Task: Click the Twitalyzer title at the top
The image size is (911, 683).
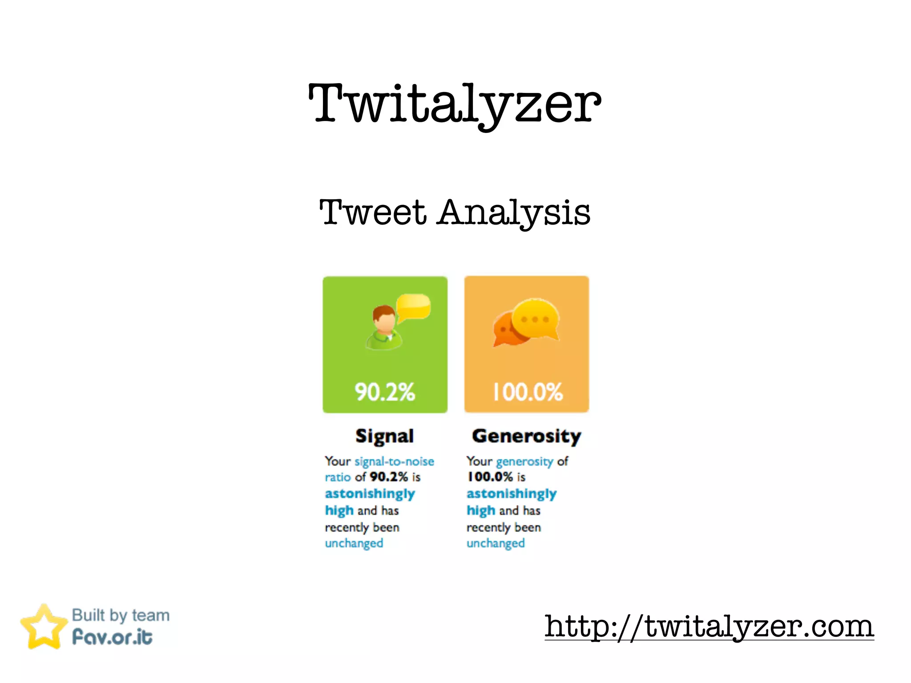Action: coord(455,104)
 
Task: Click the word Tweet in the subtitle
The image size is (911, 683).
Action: coord(373,213)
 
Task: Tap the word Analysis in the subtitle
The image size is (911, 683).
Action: coord(514,213)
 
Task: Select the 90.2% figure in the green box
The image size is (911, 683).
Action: coord(385,392)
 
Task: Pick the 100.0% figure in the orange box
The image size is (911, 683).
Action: coord(528,392)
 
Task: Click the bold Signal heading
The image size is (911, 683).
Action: coord(385,436)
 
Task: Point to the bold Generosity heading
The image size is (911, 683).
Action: coord(527,436)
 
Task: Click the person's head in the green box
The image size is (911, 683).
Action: coord(384,318)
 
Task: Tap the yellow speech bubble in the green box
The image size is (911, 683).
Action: coord(414,306)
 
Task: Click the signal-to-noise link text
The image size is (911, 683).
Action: coord(394,461)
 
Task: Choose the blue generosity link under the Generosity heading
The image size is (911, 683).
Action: coord(524,461)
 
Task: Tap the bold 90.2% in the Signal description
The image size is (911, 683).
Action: coord(389,477)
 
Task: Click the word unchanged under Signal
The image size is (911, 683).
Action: coord(354,543)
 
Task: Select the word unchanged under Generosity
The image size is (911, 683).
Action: coord(496,543)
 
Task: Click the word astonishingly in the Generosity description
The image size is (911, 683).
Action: coord(512,494)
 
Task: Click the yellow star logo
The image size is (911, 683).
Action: coord(44,627)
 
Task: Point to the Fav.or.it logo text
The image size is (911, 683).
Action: coord(113,637)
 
